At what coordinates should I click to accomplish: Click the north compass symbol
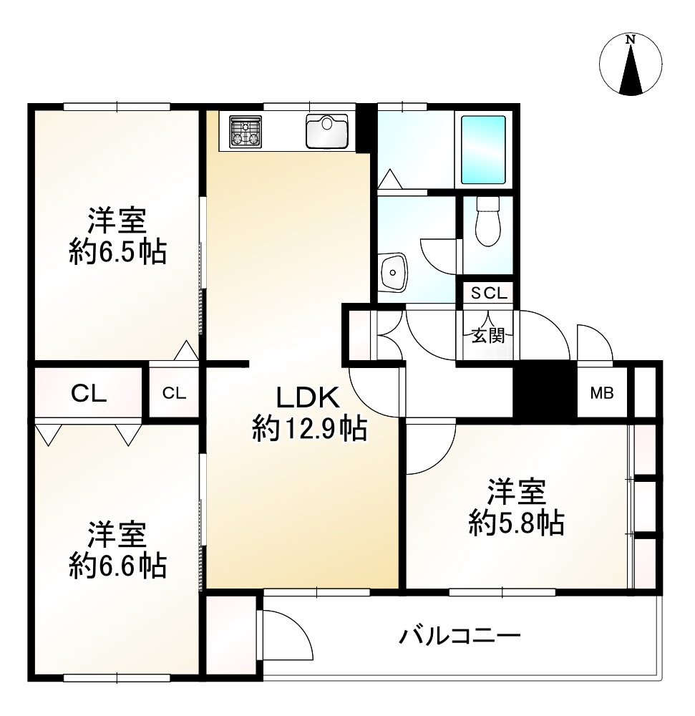[630, 64]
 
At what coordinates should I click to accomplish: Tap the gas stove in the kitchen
[245, 130]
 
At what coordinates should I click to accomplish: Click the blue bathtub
[483, 149]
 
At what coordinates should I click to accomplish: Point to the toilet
[487, 222]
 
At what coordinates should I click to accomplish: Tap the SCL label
[488, 293]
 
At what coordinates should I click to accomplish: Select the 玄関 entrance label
[488, 334]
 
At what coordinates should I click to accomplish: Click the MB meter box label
[601, 393]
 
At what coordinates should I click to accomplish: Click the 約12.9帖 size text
[309, 429]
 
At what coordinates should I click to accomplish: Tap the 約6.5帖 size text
[117, 252]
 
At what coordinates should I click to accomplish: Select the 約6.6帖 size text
[117, 566]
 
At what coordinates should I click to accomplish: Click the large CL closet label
[89, 393]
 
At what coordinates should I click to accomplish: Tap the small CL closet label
[174, 392]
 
